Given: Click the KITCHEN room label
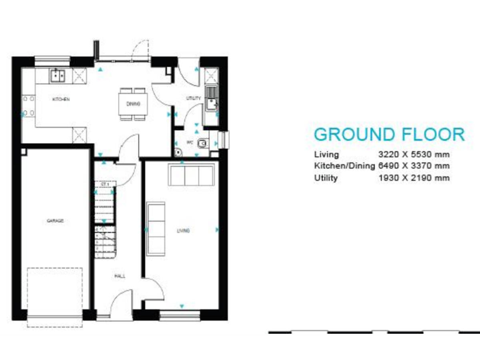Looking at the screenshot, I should [61, 99].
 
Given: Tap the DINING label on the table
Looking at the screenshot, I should [133, 104].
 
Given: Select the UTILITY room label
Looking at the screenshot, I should [194, 99].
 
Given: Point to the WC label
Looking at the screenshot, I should [189, 142].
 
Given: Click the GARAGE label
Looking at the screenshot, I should [55, 221].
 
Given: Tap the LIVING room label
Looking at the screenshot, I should [183, 231].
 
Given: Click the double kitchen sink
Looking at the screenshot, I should [59, 76].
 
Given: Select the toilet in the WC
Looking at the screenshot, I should [201, 143].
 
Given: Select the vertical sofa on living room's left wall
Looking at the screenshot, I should [155, 229].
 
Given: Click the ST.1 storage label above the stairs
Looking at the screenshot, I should [104, 185].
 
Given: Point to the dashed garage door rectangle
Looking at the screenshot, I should [55, 291].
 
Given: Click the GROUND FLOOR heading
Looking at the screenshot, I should [389, 134].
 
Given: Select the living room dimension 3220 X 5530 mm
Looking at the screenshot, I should [414, 154].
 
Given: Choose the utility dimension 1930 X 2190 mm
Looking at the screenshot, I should [414, 178].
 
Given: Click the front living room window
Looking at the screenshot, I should [181, 315].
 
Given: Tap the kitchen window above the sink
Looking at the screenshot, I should [52, 60].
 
